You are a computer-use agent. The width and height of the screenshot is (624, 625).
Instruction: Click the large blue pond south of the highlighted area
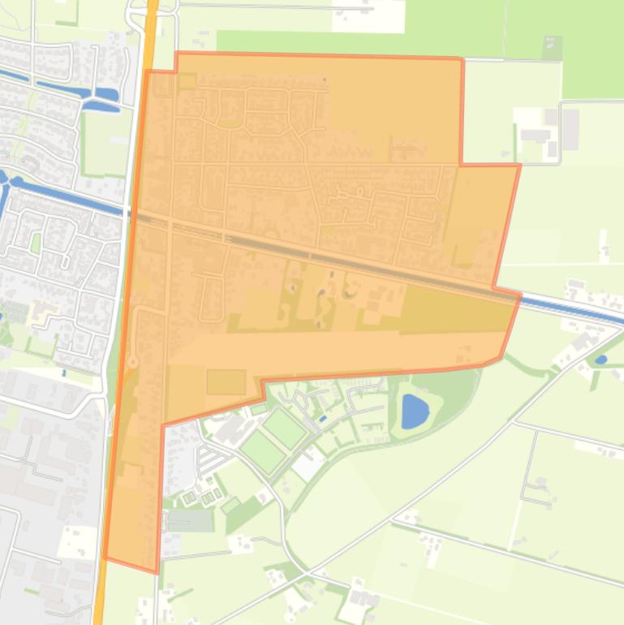[415, 411]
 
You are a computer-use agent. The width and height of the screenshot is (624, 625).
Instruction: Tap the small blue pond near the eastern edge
[600, 359]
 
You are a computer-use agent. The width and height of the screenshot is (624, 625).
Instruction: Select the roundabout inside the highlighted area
[132, 362]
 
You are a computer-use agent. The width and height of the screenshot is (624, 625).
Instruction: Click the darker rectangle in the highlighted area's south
[226, 381]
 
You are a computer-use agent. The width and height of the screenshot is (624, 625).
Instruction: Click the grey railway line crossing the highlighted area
[325, 258]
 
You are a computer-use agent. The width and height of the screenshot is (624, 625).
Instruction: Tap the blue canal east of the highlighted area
[568, 307]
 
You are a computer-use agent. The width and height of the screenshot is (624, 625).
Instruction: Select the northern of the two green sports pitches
[284, 427]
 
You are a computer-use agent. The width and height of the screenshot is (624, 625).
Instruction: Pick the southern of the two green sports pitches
[262, 451]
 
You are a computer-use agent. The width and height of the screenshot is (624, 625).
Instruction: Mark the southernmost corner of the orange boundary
[157, 571]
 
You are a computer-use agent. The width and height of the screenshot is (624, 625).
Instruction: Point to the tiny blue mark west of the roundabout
[64, 373]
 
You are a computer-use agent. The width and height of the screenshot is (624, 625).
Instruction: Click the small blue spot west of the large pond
[323, 419]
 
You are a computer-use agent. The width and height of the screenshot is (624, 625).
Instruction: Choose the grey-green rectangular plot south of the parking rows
[190, 519]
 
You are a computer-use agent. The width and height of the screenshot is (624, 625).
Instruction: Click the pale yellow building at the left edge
[42, 311]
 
